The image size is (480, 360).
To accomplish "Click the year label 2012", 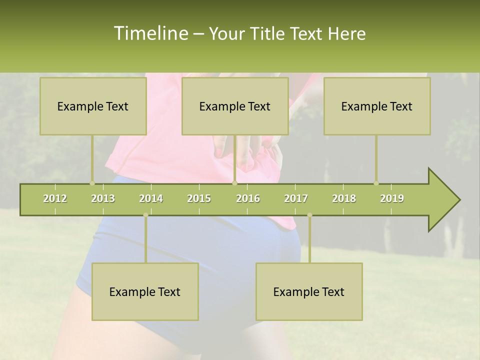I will click(55, 198).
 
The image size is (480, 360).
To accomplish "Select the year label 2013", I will click(103, 198).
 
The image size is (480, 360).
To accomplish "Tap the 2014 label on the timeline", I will click(151, 198).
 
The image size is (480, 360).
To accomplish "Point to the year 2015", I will click(199, 198).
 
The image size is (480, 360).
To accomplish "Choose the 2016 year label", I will click(248, 198).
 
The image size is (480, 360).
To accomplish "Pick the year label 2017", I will click(296, 198).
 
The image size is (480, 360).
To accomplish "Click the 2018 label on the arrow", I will click(344, 198).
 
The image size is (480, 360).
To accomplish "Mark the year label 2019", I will click(392, 198).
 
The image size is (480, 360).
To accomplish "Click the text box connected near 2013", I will click(93, 106).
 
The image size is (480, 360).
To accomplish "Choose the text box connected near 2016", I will click(235, 106).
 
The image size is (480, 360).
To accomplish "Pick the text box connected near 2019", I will click(377, 106).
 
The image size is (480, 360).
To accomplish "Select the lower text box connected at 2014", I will click(145, 291).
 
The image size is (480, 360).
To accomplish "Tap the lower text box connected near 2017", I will click(309, 291).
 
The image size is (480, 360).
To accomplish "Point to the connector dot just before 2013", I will click(92, 183).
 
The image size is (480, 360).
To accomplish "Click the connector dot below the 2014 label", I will click(145, 215).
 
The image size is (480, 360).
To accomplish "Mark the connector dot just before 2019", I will click(376, 183).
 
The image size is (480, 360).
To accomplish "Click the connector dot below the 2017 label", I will click(309, 215).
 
